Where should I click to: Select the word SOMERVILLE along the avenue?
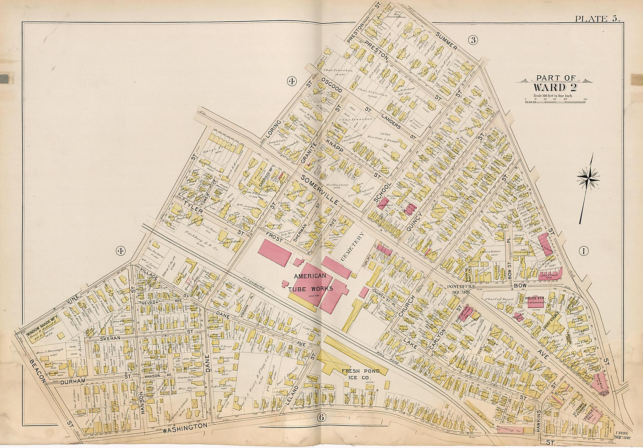[x=320, y=190]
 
